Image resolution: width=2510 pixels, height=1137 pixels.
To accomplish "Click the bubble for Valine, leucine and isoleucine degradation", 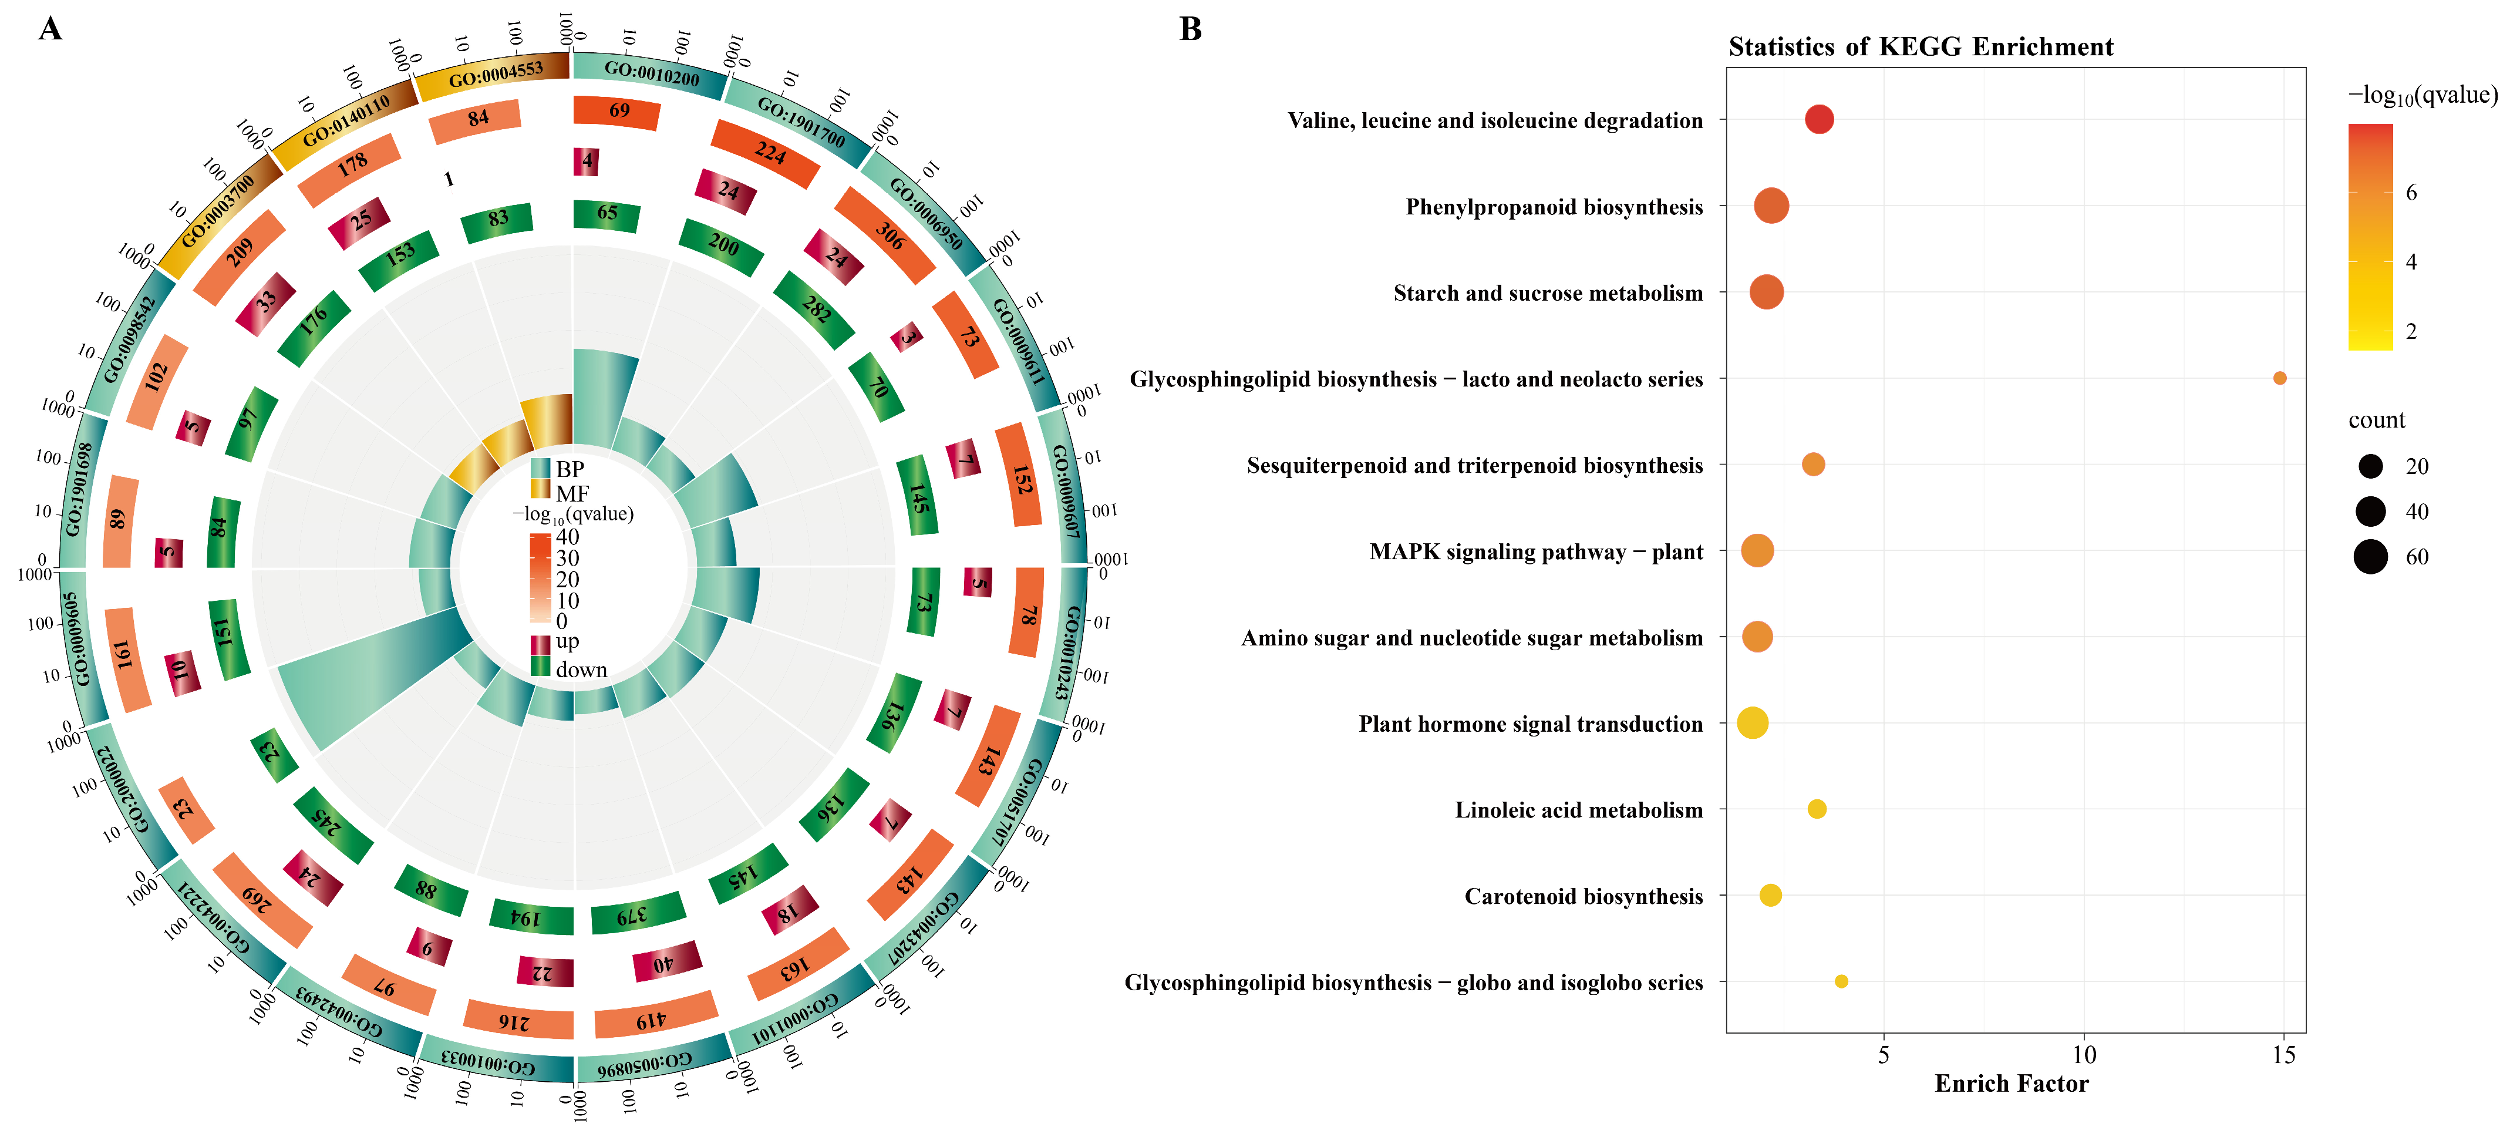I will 1818,120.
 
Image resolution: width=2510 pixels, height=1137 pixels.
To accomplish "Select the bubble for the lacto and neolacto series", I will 2279,378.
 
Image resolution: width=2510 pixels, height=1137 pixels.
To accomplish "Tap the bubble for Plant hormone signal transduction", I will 1752,723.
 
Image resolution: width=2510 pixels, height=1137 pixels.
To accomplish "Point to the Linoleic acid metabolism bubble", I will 1816,809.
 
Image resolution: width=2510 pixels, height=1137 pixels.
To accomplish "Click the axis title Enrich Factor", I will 2011,1084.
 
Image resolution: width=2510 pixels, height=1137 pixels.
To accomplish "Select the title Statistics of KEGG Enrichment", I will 1921,47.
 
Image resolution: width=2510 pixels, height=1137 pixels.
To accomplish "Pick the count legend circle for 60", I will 2371,557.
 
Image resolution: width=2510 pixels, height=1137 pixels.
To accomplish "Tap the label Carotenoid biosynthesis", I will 1584,896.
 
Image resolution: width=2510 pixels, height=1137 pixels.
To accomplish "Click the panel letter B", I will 1190,29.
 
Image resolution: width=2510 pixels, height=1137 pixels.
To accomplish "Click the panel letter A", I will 50,29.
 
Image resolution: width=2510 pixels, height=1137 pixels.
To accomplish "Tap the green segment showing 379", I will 634,914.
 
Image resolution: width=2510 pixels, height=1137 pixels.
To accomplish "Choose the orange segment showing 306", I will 886,235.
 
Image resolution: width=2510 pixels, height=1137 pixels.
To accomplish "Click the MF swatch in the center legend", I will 540,489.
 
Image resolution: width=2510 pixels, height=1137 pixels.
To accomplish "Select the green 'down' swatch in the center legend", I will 540,667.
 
